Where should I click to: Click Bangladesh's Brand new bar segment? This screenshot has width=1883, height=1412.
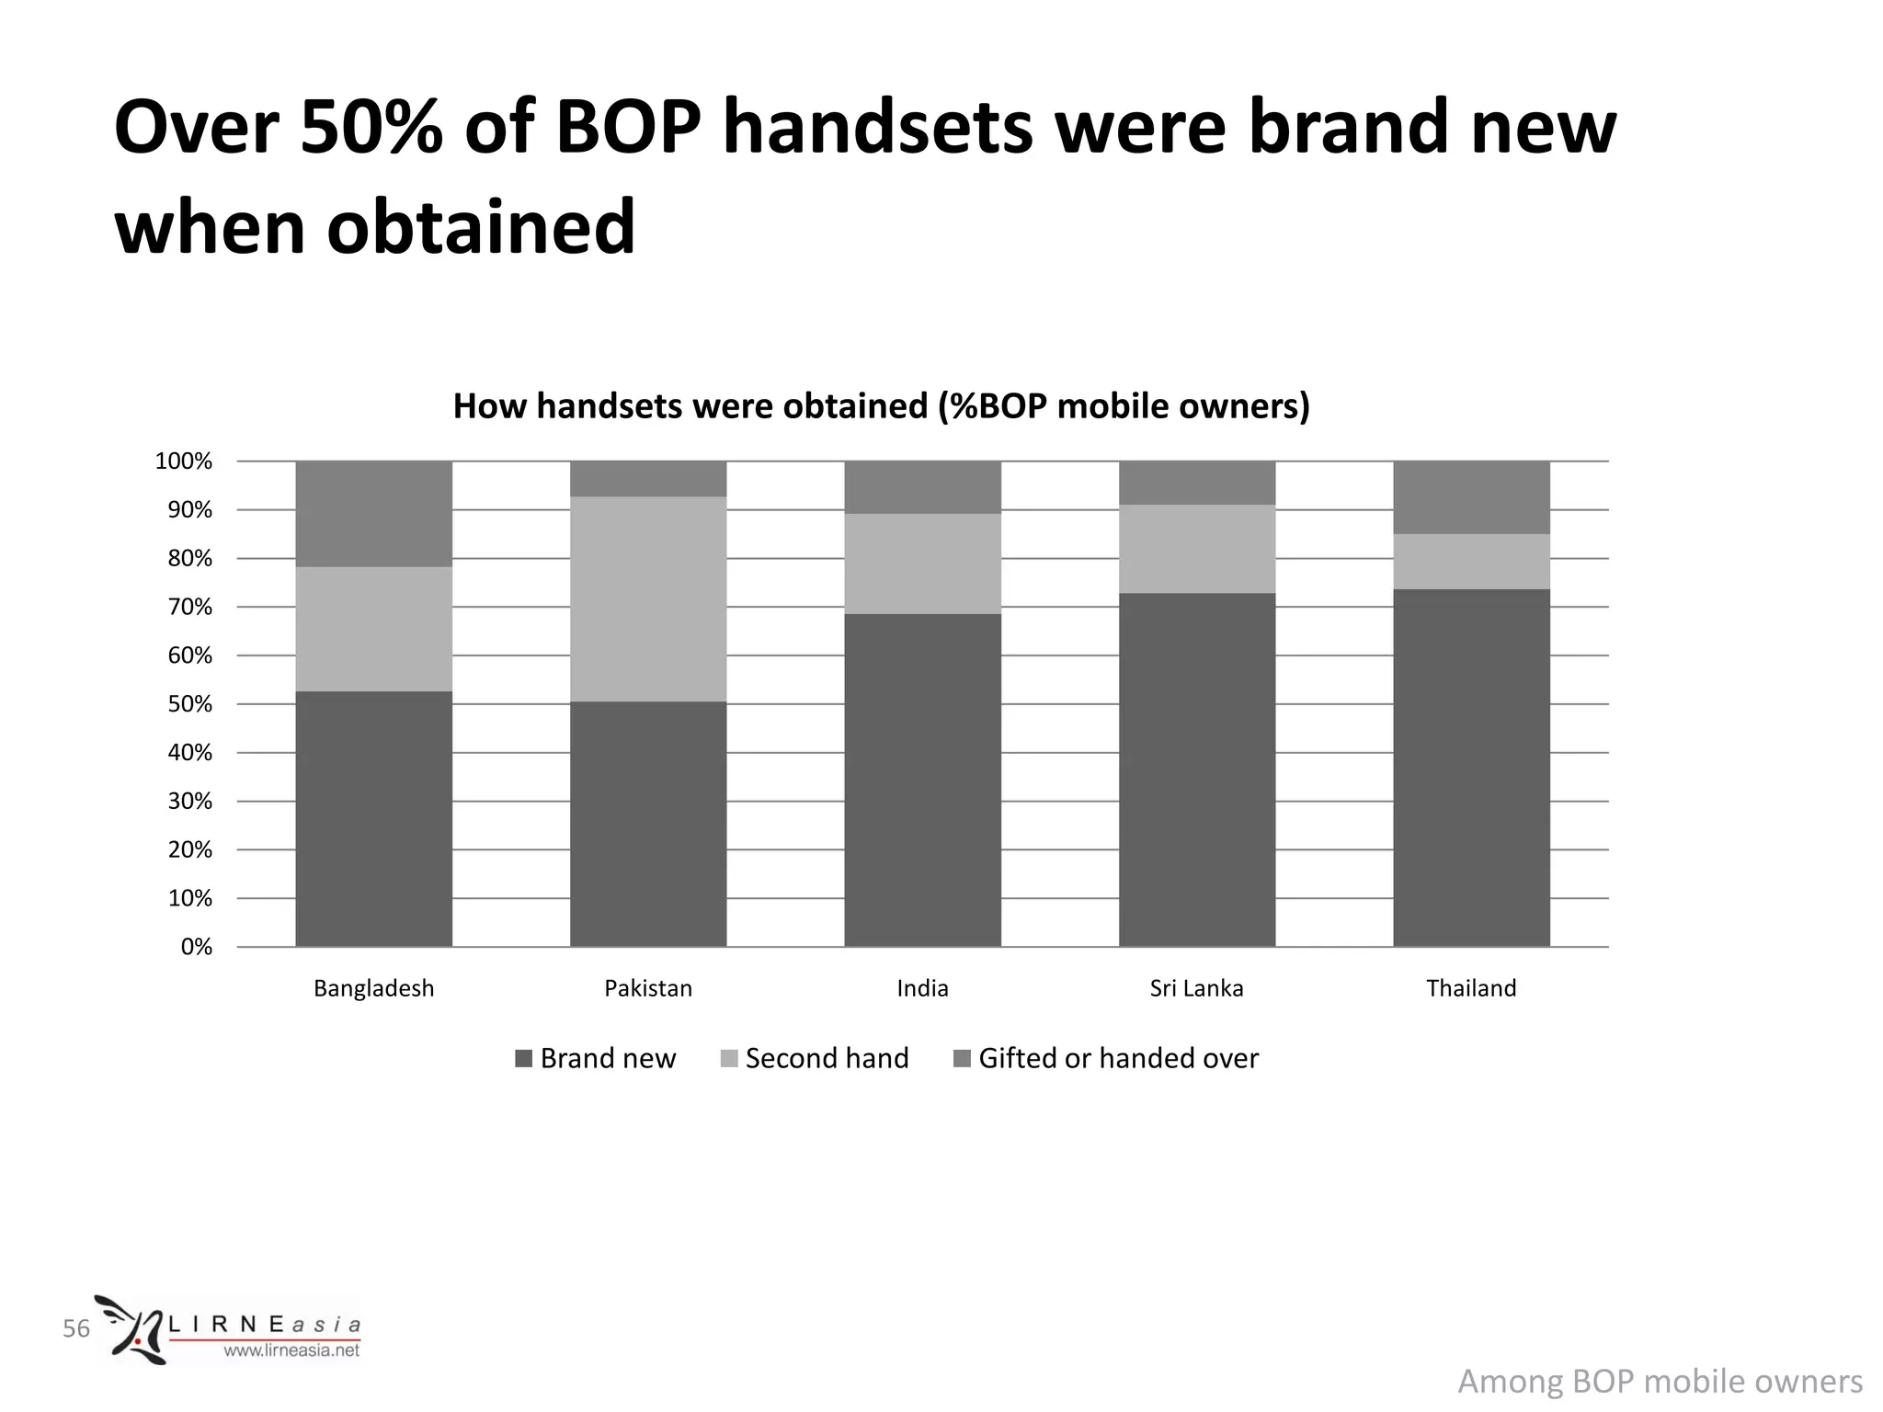[x=373, y=818]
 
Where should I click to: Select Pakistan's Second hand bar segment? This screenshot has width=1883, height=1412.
[x=648, y=599]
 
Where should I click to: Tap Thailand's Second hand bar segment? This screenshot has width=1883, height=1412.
[x=1471, y=562]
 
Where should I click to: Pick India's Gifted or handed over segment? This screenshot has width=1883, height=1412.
[x=922, y=487]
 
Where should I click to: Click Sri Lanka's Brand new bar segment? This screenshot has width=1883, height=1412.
[x=1197, y=769]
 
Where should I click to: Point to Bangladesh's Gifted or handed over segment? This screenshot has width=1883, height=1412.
[x=373, y=514]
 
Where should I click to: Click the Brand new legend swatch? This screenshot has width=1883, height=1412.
[x=524, y=1059]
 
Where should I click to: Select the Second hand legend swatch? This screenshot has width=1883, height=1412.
[x=729, y=1059]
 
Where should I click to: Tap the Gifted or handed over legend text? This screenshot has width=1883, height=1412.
[x=1118, y=1059]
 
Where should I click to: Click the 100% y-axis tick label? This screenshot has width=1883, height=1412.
[x=184, y=461]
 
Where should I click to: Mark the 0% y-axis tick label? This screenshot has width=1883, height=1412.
[x=197, y=947]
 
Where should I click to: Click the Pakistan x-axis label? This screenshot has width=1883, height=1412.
[x=648, y=988]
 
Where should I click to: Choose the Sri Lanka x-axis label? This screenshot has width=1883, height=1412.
[x=1196, y=988]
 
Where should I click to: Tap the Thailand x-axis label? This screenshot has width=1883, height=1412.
[x=1471, y=988]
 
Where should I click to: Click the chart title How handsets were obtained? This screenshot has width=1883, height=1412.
[x=881, y=406]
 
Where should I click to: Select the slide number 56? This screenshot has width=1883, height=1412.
[x=76, y=1328]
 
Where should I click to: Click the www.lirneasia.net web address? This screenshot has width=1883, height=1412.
[x=291, y=1350]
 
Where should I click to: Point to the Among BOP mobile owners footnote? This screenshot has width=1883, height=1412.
[x=1660, y=1382]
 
